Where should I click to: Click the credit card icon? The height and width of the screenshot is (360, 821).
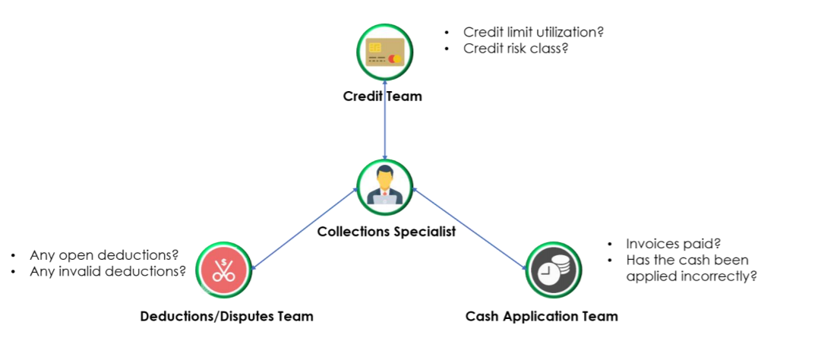[x=385, y=52]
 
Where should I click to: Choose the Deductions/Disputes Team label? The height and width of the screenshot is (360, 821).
[x=226, y=316]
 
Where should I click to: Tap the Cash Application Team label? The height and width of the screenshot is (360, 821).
[x=542, y=316]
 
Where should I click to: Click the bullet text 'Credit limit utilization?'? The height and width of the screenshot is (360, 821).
[x=538, y=33]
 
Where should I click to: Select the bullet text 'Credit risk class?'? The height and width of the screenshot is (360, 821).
[x=516, y=49]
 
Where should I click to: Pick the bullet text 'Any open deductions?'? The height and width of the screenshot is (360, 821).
[x=103, y=254]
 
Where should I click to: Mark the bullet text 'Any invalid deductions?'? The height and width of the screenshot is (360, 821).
[x=107, y=270]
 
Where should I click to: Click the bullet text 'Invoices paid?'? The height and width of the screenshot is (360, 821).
[x=673, y=244]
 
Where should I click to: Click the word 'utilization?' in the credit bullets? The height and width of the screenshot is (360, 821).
[x=579, y=33]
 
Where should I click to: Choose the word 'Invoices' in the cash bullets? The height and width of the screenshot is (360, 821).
[x=651, y=244]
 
